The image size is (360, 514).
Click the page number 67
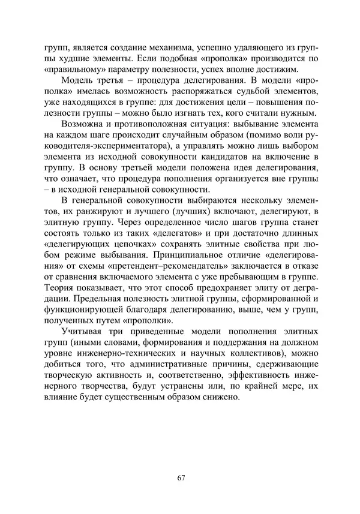[x=181, y=477]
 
